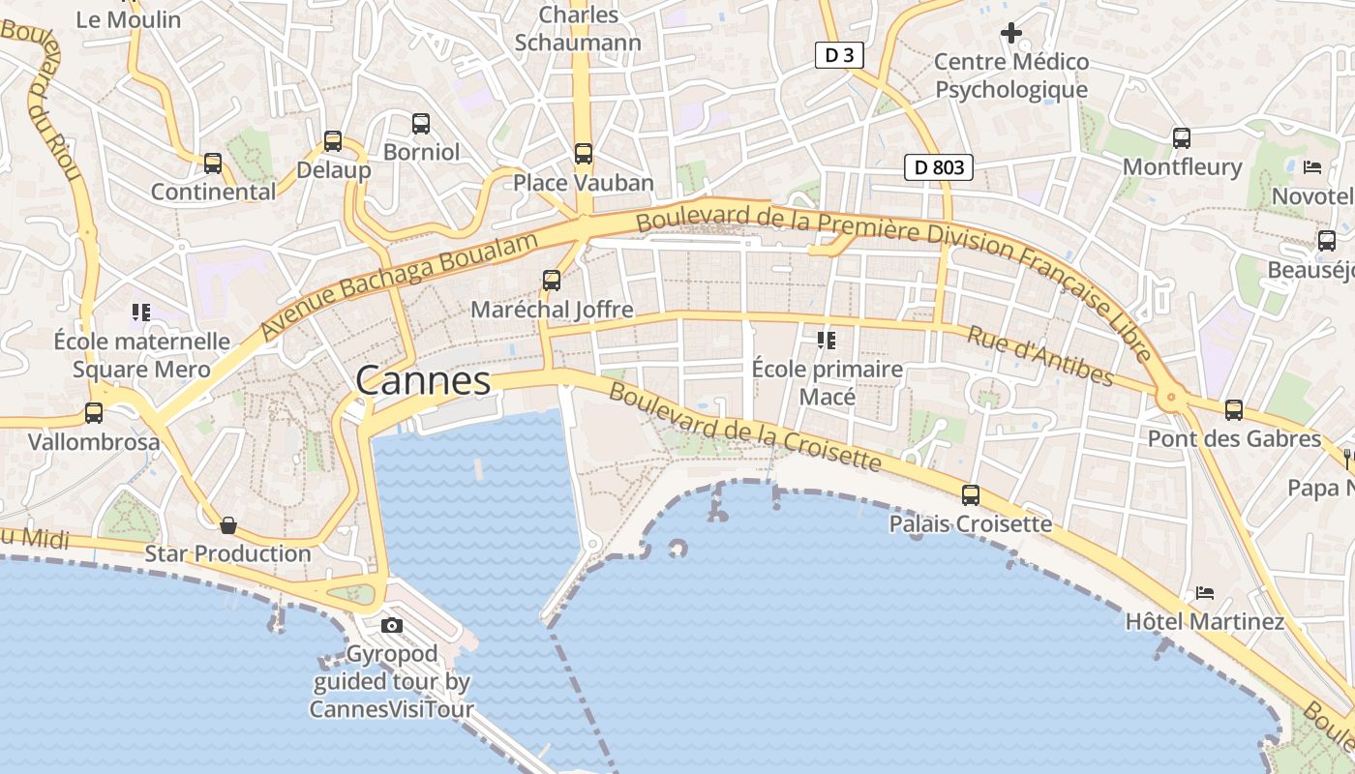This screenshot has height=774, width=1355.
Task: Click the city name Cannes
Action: [423, 380]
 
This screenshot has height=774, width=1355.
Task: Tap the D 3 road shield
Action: [838, 55]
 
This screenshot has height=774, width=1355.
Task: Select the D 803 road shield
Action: [938, 167]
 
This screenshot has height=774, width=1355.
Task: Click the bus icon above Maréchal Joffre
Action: [552, 281]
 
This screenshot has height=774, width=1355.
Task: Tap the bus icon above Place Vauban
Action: [583, 153]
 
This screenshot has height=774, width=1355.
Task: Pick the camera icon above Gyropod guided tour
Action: [392, 625]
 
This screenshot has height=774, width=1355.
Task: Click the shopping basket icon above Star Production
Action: [228, 525]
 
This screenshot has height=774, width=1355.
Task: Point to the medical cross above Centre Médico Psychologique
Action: [1010, 34]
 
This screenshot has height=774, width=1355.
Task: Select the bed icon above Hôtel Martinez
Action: [1204, 592]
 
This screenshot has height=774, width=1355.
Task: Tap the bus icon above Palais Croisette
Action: [970, 495]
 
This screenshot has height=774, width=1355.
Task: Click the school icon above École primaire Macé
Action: [826, 340]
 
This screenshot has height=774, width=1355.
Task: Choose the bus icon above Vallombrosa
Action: [94, 413]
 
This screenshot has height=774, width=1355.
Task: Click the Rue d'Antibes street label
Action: [1040, 355]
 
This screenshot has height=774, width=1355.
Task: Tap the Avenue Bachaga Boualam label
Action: [399, 285]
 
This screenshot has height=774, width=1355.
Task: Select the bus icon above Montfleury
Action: [1181, 137]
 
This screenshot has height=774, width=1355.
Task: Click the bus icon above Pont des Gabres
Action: [1233, 410]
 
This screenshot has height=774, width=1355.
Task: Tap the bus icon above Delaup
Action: [333, 141]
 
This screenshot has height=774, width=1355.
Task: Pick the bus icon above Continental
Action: [213, 163]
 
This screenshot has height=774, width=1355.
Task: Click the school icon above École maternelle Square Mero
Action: [141, 312]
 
